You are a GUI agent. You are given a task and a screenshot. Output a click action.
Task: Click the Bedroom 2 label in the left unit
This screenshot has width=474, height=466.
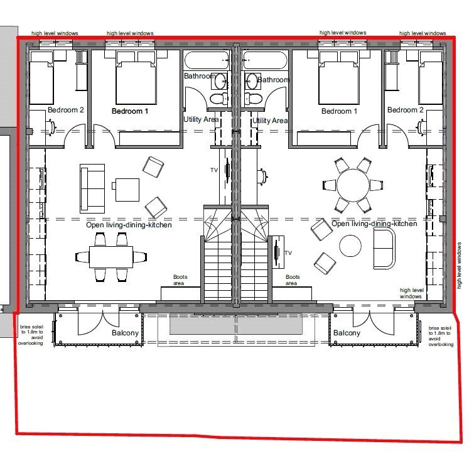66,110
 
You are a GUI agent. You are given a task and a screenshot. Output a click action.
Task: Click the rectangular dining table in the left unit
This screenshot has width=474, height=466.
111,256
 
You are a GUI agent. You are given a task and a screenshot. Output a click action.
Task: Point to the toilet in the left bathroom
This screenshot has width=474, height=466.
220,99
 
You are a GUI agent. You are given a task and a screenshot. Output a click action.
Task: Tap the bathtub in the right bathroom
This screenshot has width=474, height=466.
266,61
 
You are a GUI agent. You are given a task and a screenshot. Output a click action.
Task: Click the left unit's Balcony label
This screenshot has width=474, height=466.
125,333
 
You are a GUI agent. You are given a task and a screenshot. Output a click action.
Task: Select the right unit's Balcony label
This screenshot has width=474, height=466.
347,333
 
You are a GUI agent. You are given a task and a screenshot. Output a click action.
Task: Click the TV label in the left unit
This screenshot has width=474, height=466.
213,170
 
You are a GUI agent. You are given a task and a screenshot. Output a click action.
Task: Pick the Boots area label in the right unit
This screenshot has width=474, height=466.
292,280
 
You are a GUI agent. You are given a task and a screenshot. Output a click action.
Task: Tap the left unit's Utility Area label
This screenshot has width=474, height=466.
201,119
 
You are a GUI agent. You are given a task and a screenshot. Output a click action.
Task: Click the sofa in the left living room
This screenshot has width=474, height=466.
92,187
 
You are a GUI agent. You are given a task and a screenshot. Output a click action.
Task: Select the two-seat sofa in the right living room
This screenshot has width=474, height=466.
384,246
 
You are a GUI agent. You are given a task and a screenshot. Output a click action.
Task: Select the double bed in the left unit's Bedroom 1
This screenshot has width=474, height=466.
136,83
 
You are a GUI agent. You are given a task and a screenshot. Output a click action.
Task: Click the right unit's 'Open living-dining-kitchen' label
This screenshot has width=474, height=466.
374,224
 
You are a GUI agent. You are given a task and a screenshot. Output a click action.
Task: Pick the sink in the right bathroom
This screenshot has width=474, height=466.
252,80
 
